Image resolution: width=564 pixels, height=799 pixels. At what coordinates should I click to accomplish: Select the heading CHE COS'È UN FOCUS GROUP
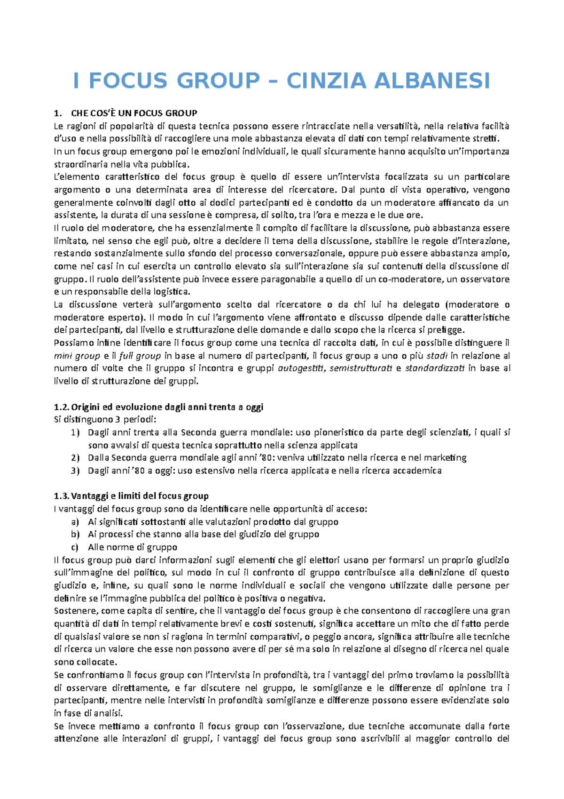coord(134,113)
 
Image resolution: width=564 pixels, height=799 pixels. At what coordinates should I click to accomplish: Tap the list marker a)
coord(75,521)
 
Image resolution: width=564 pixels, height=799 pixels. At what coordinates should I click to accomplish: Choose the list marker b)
coord(75,534)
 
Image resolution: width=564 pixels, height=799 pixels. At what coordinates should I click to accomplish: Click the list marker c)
coord(75,547)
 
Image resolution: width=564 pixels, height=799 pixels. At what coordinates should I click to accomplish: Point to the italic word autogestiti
coord(301,368)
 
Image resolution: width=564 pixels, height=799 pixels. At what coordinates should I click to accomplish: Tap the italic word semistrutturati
coord(361,368)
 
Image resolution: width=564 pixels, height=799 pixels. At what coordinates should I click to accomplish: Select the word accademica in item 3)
coord(417,471)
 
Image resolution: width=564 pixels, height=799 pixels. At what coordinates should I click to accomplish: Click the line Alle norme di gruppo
coord(133,547)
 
